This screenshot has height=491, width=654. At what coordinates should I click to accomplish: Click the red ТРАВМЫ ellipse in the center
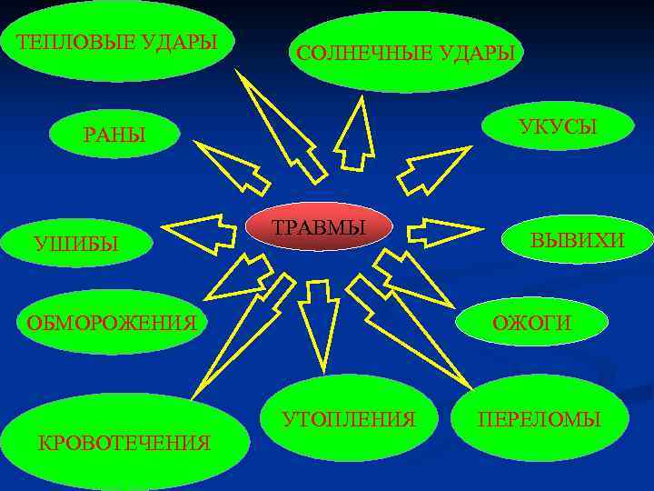tap(320, 228)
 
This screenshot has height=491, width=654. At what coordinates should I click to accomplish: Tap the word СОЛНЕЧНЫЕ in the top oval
tap(358, 54)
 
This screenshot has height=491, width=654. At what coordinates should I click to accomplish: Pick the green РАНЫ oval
tap(114, 135)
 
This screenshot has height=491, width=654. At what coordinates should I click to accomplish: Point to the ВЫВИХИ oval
tap(578, 241)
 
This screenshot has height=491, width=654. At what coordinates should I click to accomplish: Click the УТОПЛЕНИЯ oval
tap(349, 419)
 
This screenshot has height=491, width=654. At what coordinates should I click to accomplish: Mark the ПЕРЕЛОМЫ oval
tap(540, 419)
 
